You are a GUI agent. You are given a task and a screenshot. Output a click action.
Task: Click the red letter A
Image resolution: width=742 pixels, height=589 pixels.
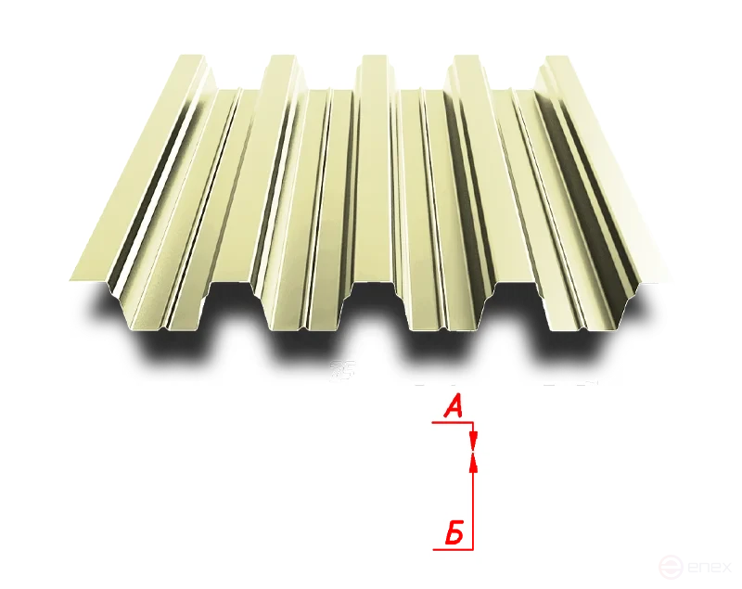click(453, 405)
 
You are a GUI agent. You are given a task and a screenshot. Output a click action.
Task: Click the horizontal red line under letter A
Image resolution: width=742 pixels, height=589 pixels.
click(453, 422)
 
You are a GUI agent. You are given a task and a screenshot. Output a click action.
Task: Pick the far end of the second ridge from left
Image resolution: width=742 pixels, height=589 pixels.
click(282, 58)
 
